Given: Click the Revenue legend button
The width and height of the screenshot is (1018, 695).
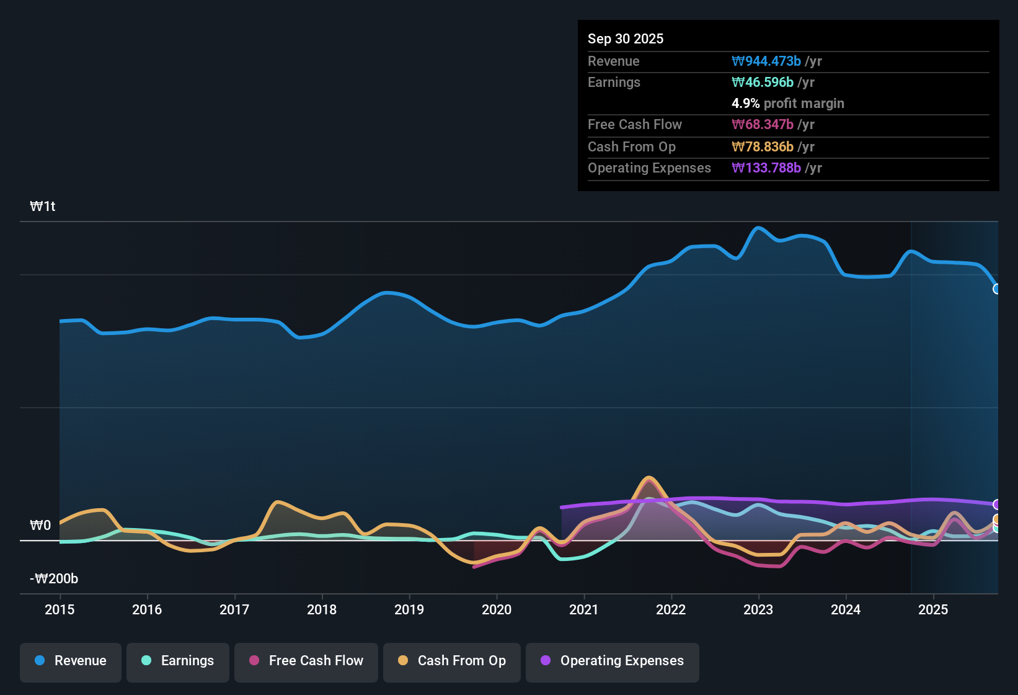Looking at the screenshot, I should [70, 661].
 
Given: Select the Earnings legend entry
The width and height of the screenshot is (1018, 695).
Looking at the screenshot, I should [177, 661].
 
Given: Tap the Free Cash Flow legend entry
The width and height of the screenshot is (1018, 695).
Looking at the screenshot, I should [306, 661].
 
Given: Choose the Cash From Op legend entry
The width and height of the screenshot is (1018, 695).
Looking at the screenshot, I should [451, 661].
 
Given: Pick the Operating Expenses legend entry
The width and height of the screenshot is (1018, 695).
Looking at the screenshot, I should [612, 661].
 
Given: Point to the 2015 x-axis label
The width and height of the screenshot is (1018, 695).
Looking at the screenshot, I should [60, 610].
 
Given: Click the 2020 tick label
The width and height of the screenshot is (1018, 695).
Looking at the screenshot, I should [497, 610].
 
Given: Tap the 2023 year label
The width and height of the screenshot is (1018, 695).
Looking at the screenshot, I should [758, 610].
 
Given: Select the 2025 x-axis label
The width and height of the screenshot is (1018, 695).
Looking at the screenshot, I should [933, 610].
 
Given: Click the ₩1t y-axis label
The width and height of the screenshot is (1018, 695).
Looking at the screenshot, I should [43, 207].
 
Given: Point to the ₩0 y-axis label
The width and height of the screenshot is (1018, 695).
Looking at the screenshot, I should [40, 526].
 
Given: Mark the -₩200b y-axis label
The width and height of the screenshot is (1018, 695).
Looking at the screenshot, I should [54, 579].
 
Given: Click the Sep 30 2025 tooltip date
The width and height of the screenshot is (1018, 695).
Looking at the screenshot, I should [625, 39].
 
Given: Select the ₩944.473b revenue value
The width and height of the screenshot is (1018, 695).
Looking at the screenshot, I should [766, 61].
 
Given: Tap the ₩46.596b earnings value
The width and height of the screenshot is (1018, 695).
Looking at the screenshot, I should [763, 83].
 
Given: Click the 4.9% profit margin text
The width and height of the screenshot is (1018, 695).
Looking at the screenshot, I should [787, 104].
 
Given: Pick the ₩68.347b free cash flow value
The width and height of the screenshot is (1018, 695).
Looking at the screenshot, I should [763, 125].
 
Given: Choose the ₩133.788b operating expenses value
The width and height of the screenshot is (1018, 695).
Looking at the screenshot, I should [766, 168].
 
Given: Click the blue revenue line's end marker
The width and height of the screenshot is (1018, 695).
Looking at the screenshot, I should [996, 289].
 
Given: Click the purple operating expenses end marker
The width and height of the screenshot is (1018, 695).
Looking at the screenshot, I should [996, 504].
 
